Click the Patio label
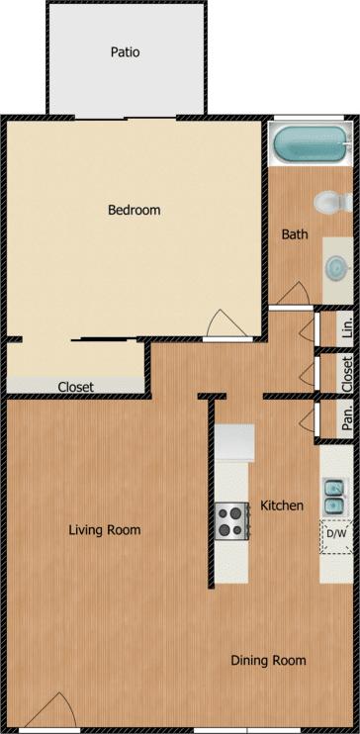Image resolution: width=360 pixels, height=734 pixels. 125,51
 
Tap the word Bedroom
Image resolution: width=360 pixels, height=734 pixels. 134,210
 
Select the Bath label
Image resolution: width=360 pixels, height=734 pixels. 295,235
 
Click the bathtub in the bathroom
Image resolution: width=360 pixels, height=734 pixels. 310,146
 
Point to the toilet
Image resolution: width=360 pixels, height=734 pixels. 330,204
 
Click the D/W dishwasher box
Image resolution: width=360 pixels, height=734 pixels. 336,535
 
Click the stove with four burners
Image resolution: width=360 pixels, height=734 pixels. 232,520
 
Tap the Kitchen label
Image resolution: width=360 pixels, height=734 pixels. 282,505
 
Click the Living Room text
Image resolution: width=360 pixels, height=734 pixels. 105,530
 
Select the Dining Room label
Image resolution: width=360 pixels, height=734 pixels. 268,660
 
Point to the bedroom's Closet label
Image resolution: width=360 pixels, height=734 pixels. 76,387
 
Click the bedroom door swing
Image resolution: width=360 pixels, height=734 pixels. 224,324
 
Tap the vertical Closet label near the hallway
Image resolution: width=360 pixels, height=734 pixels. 347,374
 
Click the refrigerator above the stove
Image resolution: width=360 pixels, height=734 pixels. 235,413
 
